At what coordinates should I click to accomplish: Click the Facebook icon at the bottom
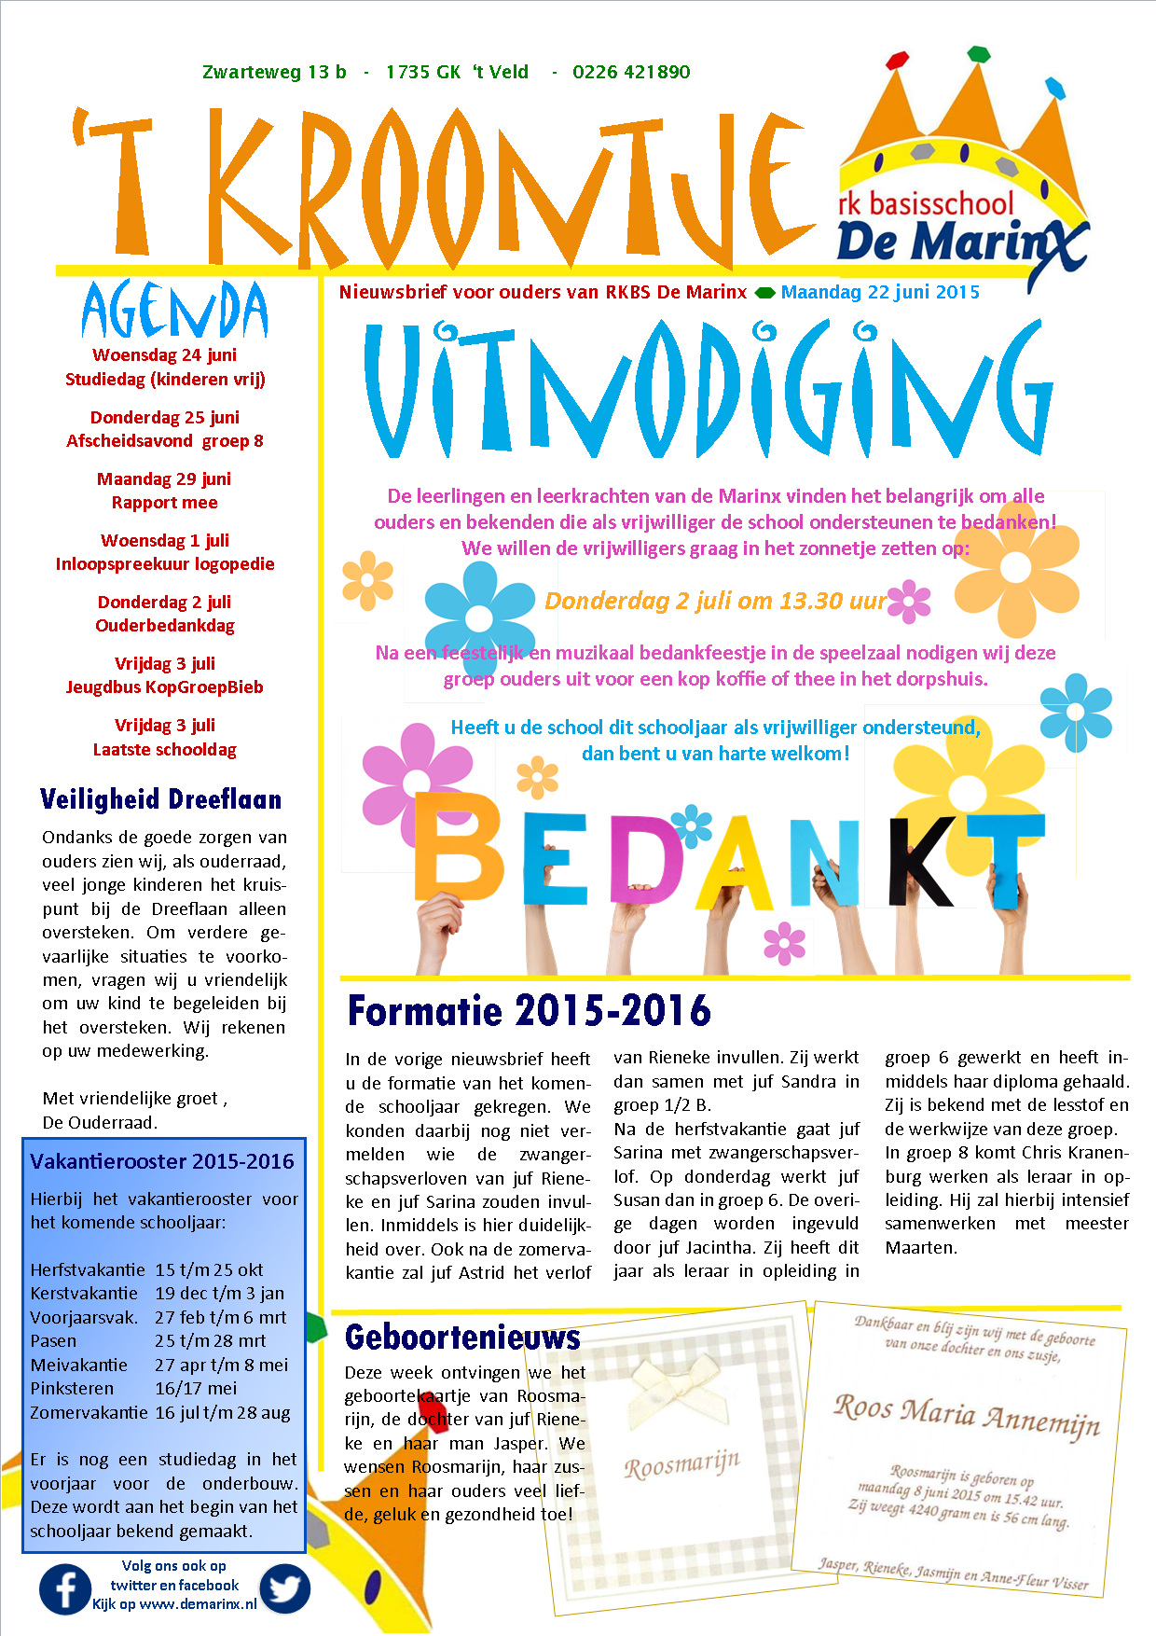pos(65,1589)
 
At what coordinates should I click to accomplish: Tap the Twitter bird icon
pos(284,1588)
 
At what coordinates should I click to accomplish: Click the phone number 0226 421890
pos(631,73)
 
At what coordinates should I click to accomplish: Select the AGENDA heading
pos(174,311)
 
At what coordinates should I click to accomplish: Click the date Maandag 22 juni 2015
pos(880,292)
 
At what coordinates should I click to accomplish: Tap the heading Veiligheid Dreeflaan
pos(160,799)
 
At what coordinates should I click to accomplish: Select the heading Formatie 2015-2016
pos(529,1011)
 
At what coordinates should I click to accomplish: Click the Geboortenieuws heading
pos(462,1338)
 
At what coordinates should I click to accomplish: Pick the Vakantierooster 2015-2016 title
pos(162,1161)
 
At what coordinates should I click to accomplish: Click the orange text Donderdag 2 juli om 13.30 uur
pos(715,601)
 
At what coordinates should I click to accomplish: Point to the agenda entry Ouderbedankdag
pos(165,626)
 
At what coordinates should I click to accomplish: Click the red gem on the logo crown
pos(897,61)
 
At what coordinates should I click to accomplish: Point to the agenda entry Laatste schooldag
pos(165,750)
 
